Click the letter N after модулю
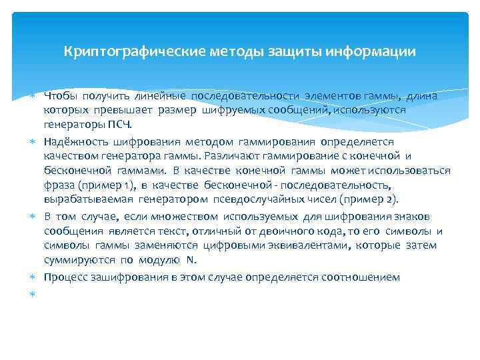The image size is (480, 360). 191,260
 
